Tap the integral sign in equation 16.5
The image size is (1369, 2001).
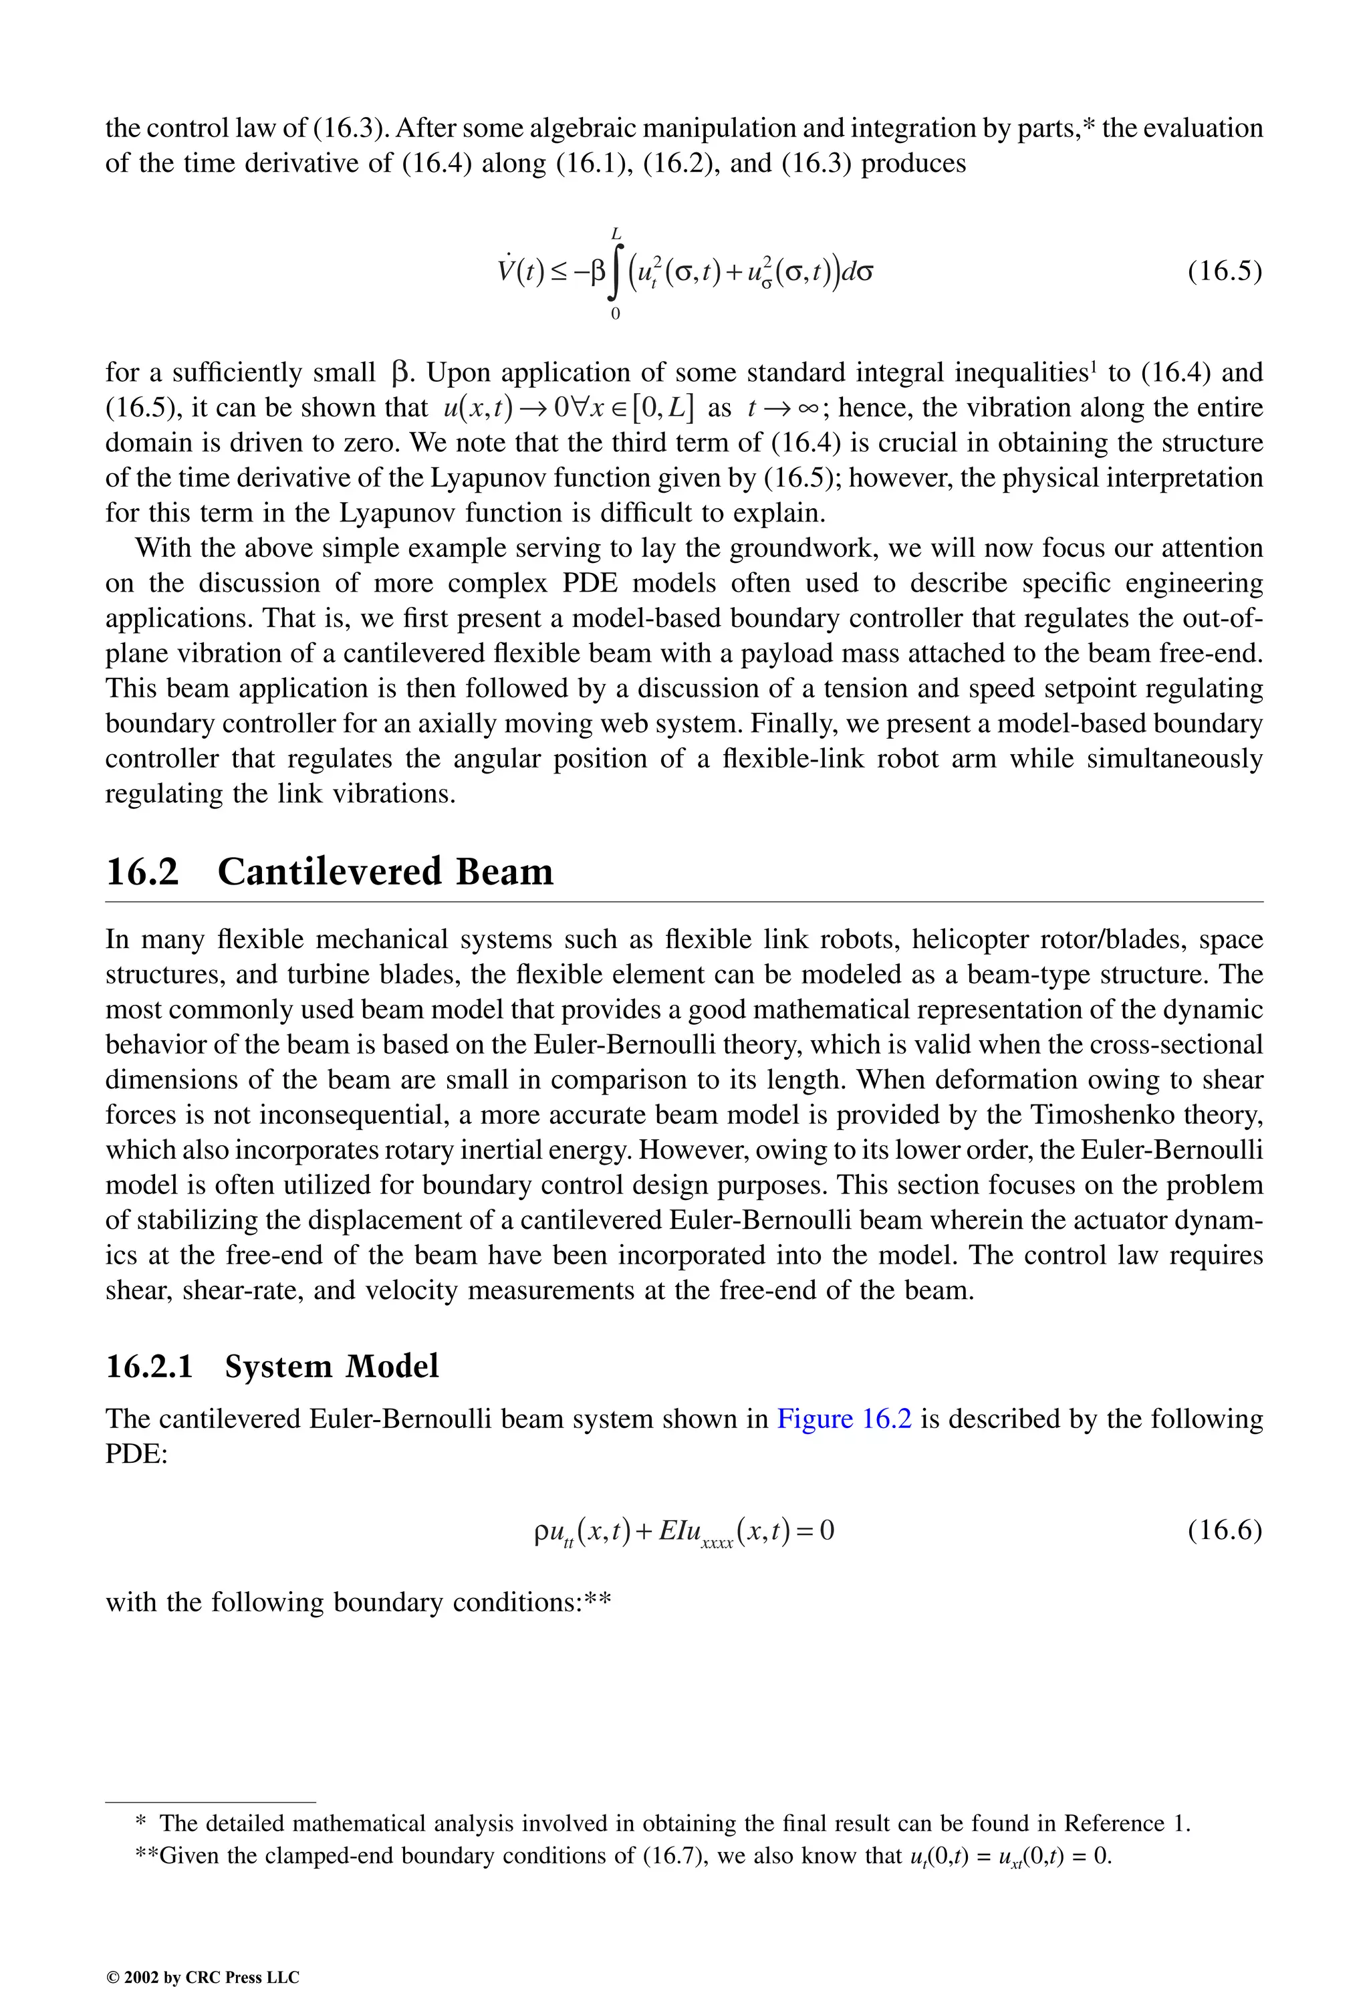[616, 273]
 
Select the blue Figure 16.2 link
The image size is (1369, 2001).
[844, 1418]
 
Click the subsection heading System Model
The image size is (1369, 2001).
[332, 1367]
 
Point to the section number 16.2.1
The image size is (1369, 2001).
[149, 1367]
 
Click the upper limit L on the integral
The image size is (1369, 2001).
[616, 233]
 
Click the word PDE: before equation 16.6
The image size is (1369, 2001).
[136, 1453]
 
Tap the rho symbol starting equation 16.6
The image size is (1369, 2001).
[541, 1531]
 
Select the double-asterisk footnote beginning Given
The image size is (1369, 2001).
[624, 1855]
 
